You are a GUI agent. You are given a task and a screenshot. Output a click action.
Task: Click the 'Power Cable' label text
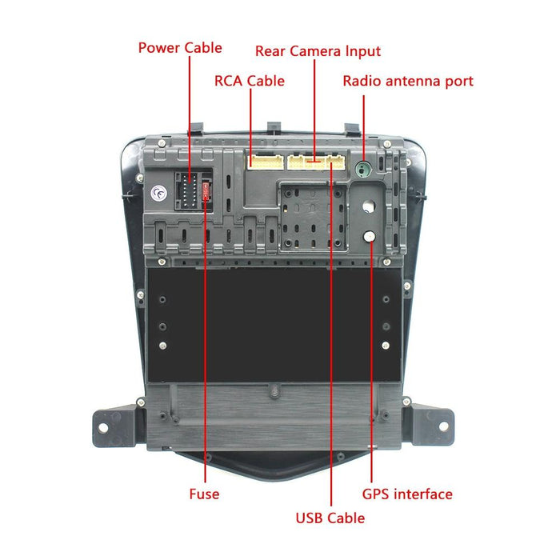click(x=180, y=47)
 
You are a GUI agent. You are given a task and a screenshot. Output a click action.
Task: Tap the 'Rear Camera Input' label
click(x=318, y=51)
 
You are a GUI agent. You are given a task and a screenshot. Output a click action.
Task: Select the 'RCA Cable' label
click(x=249, y=81)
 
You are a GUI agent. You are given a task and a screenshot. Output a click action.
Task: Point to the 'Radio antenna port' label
click(x=408, y=81)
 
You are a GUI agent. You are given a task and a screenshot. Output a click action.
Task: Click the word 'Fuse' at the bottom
click(x=204, y=494)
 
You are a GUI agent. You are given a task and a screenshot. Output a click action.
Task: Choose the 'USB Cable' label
click(x=330, y=518)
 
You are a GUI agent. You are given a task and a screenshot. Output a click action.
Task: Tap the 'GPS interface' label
click(x=407, y=494)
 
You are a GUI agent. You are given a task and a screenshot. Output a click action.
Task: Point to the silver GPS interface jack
click(x=370, y=236)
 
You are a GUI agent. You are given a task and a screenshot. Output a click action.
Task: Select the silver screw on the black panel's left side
click(x=163, y=346)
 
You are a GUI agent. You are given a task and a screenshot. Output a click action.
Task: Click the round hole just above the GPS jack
click(x=367, y=205)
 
